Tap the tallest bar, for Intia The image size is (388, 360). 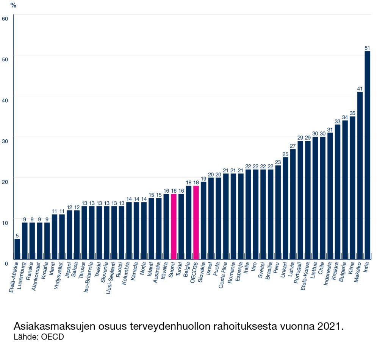(x=367, y=155)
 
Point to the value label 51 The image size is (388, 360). (x=367, y=48)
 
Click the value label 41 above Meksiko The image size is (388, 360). (x=360, y=89)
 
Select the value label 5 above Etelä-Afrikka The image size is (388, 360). (x=17, y=235)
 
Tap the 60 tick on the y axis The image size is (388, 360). (x=5, y=18)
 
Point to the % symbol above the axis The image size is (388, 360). (x=13, y=5)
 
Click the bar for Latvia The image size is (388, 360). (x=293, y=204)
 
